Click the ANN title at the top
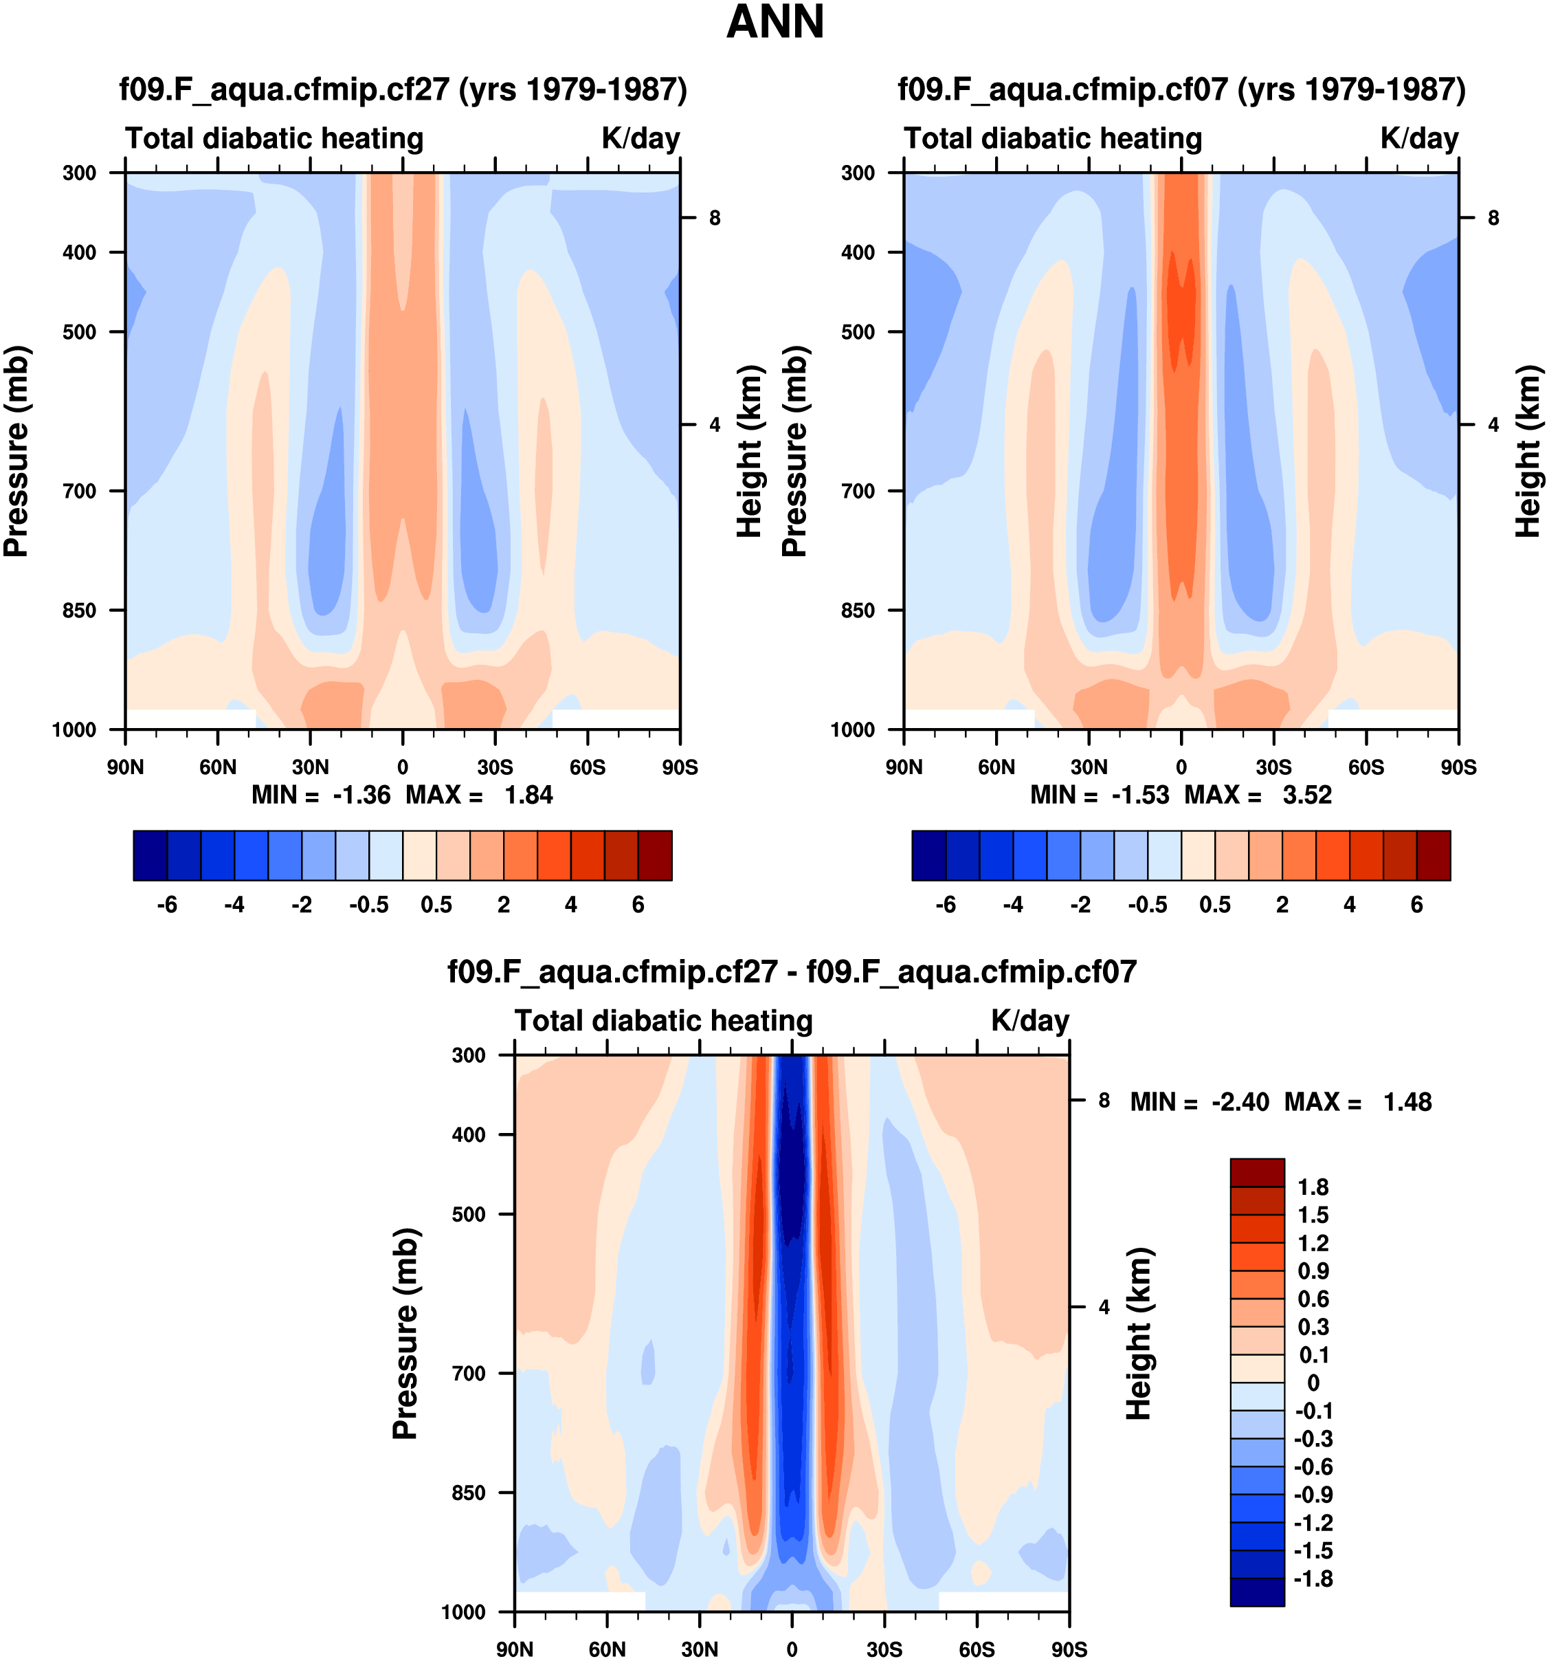(775, 23)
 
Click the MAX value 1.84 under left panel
(528, 795)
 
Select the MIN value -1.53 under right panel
(1140, 795)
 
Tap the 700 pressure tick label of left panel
(80, 492)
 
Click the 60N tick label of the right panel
(996, 767)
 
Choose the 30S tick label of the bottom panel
(884, 1649)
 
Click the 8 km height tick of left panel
(715, 218)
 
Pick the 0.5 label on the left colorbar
(436, 905)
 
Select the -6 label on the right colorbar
(945, 905)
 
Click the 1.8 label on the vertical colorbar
(1313, 1187)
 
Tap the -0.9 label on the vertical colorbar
(1313, 1495)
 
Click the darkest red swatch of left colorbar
(655, 855)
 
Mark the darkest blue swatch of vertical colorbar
(1257, 1592)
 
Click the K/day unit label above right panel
(1418, 139)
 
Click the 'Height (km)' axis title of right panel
(1527, 451)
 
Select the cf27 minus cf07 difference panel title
(792, 971)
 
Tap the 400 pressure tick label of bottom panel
(469, 1134)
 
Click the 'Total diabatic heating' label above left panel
(275, 139)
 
